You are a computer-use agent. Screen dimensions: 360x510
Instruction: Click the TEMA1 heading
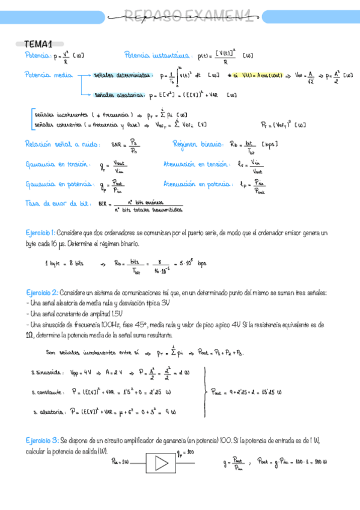click(x=38, y=44)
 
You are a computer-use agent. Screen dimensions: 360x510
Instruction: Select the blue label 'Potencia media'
click(x=45, y=75)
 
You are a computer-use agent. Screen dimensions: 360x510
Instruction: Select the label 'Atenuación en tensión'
click(x=197, y=164)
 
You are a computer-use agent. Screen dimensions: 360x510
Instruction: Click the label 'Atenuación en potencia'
click(x=199, y=183)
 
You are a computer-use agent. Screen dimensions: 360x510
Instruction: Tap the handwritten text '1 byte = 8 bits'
click(x=64, y=263)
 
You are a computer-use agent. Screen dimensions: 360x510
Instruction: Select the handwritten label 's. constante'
click(x=48, y=392)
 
